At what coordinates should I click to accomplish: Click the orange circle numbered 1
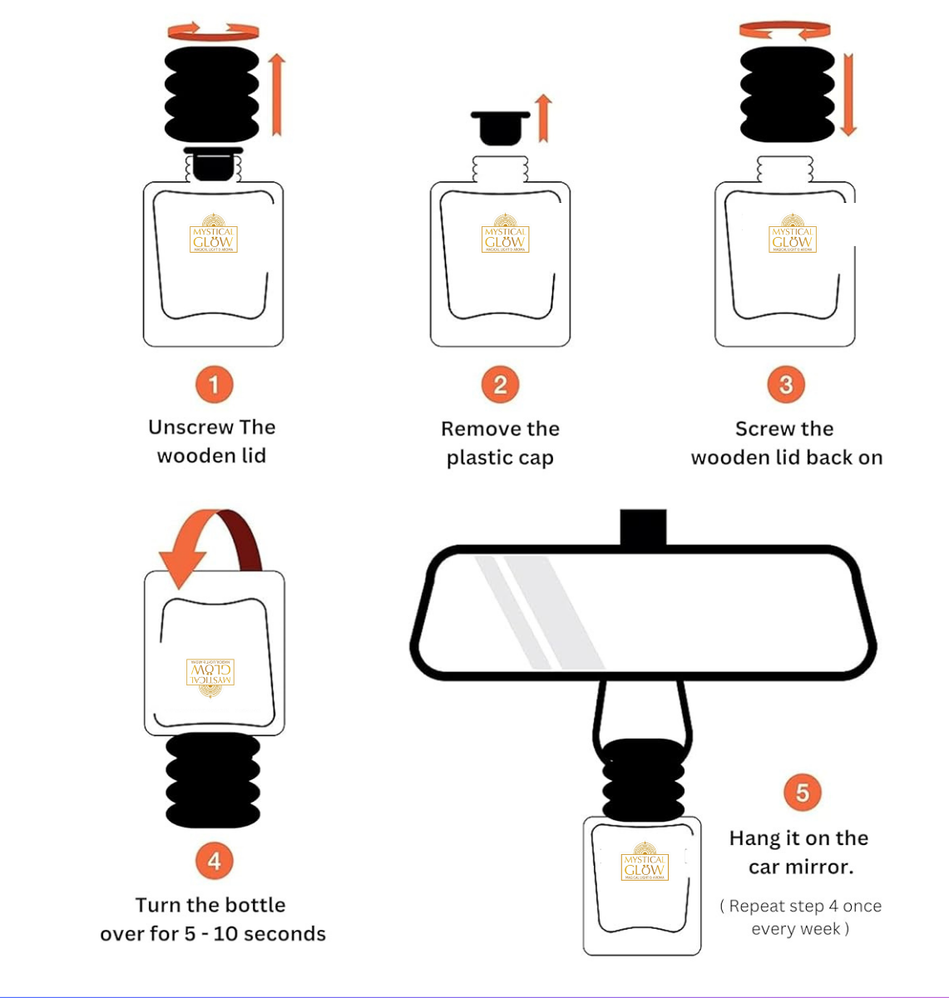click(x=214, y=384)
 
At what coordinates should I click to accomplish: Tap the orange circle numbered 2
click(x=500, y=384)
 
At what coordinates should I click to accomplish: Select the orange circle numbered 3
click(x=786, y=384)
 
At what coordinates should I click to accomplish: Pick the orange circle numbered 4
click(x=214, y=860)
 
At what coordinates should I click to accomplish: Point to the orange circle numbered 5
click(x=802, y=792)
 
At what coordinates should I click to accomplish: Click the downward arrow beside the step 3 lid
click(x=848, y=94)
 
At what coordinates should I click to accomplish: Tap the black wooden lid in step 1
click(x=212, y=94)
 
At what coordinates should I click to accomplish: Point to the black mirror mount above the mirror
click(x=643, y=526)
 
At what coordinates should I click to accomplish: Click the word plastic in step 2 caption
click(x=478, y=458)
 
